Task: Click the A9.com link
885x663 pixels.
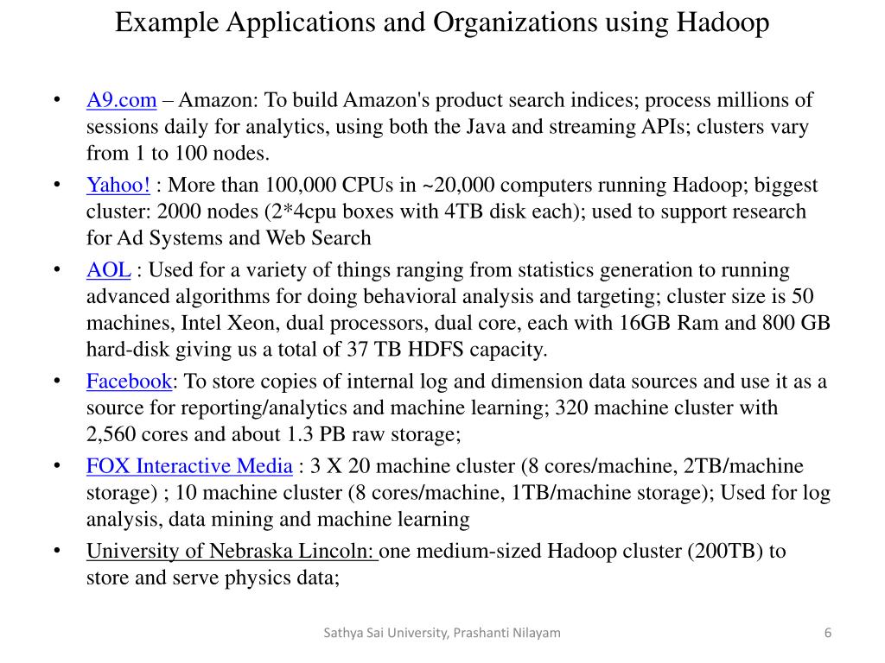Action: click(121, 101)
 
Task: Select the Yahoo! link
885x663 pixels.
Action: click(118, 186)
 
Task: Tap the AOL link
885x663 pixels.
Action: click(108, 270)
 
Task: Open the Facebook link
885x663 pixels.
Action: click(129, 382)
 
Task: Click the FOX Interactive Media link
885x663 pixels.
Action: click(189, 467)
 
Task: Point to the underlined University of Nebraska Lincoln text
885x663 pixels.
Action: click(232, 552)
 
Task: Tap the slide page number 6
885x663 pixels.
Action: click(828, 633)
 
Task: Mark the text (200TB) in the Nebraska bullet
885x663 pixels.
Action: click(725, 552)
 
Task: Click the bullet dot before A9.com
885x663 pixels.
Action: click(56, 101)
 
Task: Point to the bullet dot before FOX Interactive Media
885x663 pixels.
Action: click(56, 467)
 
